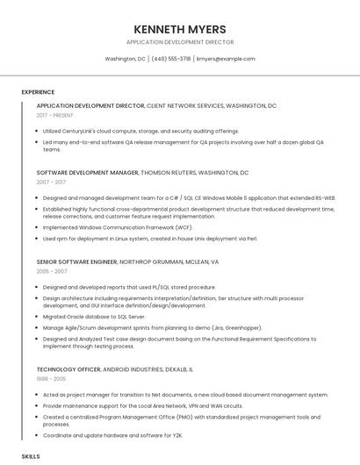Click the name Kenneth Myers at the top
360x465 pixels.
179,29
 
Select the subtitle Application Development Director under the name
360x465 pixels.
179,42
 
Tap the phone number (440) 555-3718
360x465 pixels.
170,59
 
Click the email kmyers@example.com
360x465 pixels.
226,59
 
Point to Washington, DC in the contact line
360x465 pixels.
125,59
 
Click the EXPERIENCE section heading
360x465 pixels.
38,92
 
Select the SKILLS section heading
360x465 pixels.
31,457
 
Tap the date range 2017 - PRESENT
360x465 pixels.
55,115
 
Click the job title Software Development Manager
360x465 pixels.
88,173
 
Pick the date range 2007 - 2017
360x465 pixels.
51,182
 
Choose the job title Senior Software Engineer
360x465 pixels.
77,261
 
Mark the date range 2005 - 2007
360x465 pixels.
52,271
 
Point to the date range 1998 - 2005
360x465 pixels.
52,379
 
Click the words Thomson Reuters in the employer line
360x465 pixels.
175,173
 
